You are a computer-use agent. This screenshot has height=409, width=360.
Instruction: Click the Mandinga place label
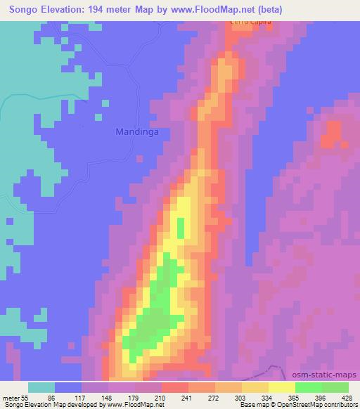pos(136,131)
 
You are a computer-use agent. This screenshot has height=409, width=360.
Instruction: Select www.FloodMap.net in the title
pos(227,8)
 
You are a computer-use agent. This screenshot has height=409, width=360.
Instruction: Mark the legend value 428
pos(345,397)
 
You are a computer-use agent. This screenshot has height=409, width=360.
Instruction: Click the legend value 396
pos(319,397)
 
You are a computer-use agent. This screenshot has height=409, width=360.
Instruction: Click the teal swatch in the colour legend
pos(41,387)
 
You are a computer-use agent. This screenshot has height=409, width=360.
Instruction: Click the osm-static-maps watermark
pos(330,375)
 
